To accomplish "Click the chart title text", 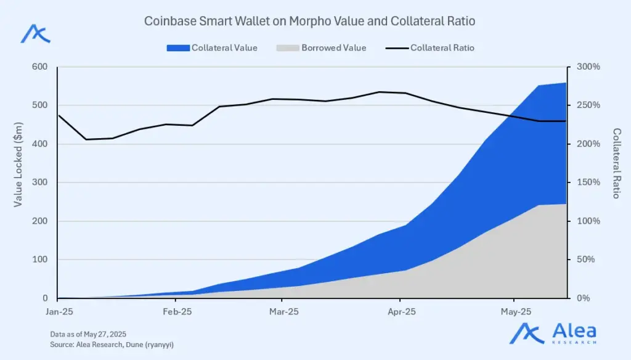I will (309, 21).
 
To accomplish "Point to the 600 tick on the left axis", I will (39, 67).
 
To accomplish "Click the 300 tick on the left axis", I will (39, 182).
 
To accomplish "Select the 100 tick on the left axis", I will (39, 260).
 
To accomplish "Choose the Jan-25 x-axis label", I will (60, 311).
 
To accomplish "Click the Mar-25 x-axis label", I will (284, 311).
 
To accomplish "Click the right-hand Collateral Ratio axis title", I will (616, 163).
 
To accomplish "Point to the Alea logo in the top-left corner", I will (35, 33).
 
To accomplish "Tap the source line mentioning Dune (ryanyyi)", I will (116, 344).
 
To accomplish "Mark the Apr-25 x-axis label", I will (401, 311).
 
